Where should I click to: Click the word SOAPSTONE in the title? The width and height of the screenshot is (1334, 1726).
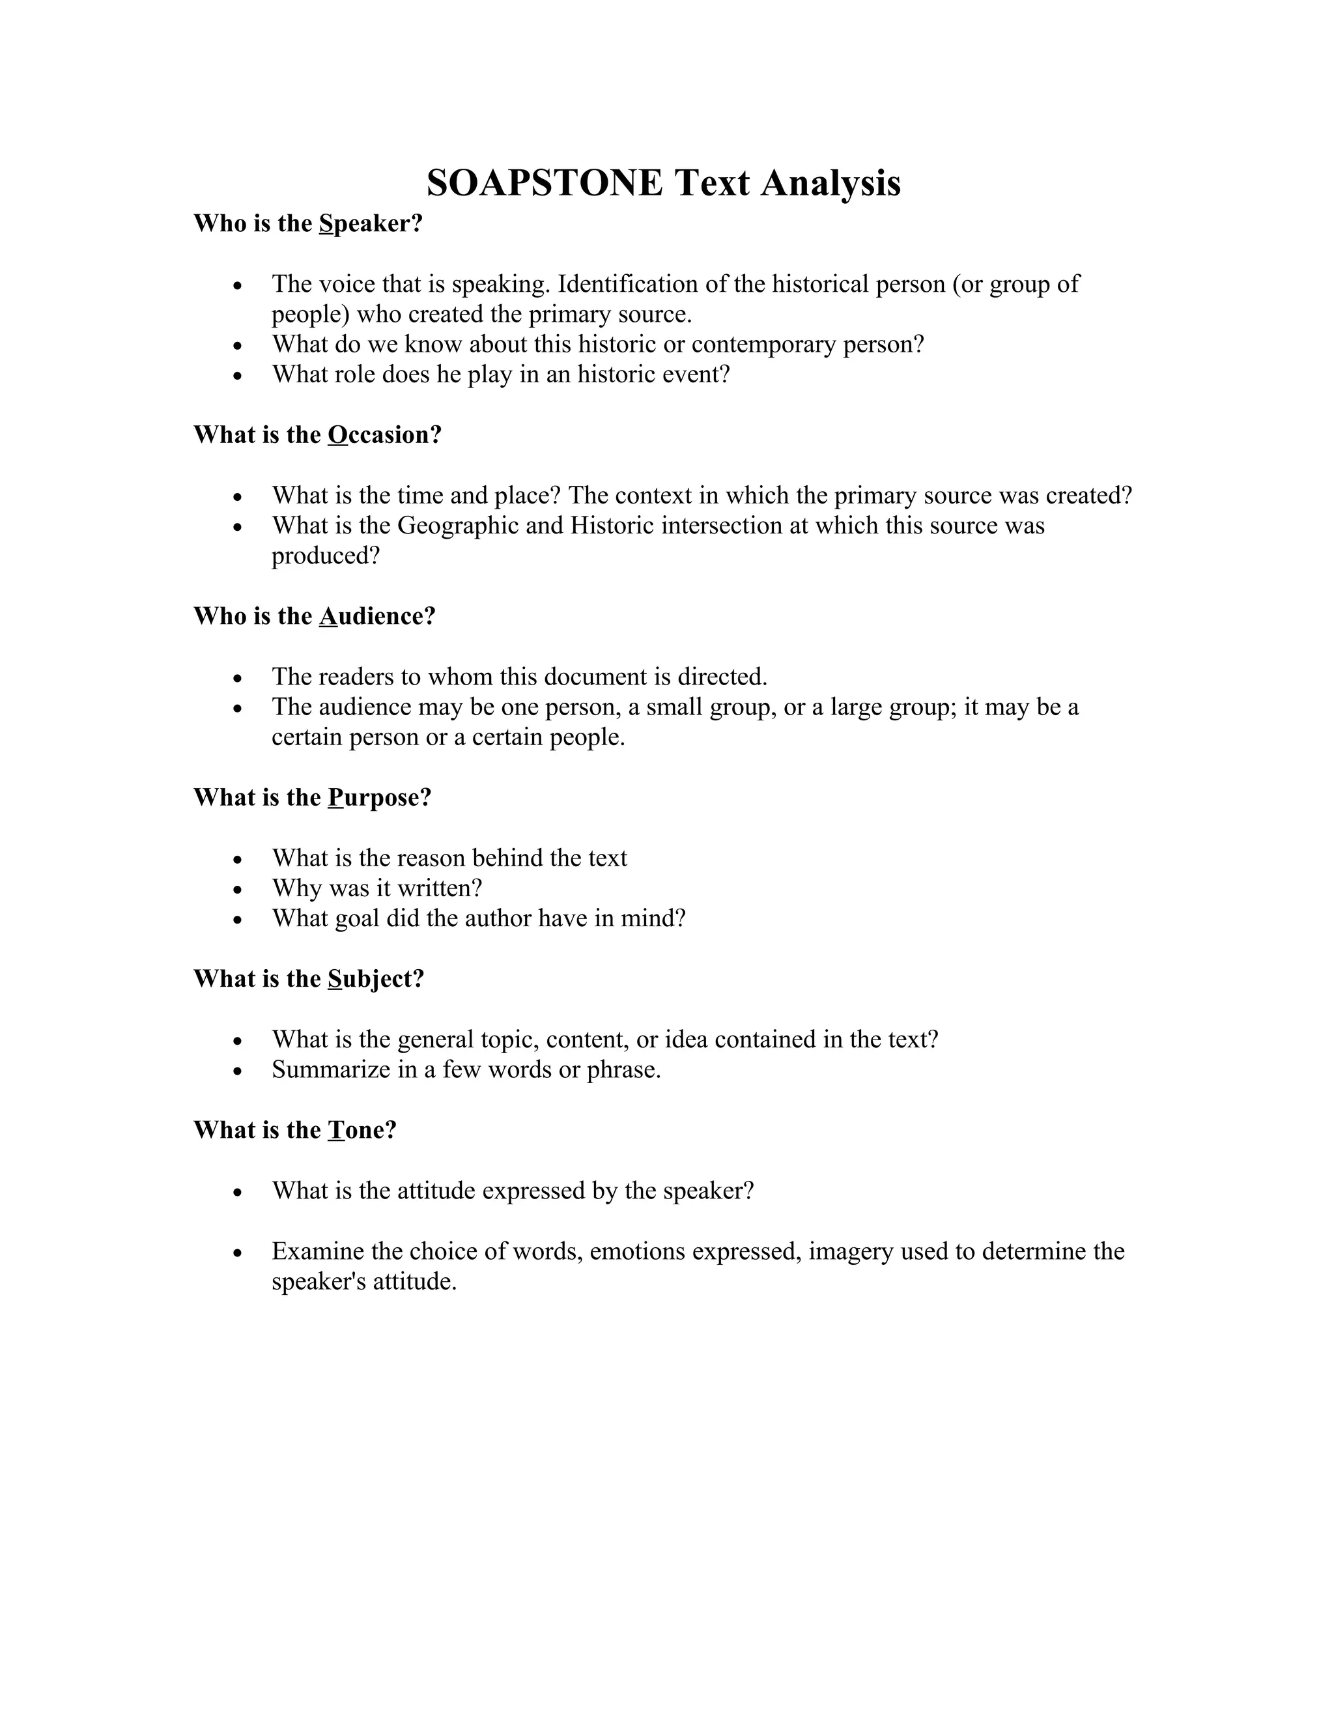[x=545, y=184]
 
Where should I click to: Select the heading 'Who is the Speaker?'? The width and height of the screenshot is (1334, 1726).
[x=308, y=223]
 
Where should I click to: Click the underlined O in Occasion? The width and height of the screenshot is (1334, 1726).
[x=337, y=434]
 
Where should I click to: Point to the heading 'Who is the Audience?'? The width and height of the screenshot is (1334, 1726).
[x=315, y=615]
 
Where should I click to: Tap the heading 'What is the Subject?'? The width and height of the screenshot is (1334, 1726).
[x=309, y=978]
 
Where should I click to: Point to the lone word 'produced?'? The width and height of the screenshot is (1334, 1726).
[x=326, y=556]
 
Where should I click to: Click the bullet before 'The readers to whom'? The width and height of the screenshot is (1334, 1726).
[x=237, y=678]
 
